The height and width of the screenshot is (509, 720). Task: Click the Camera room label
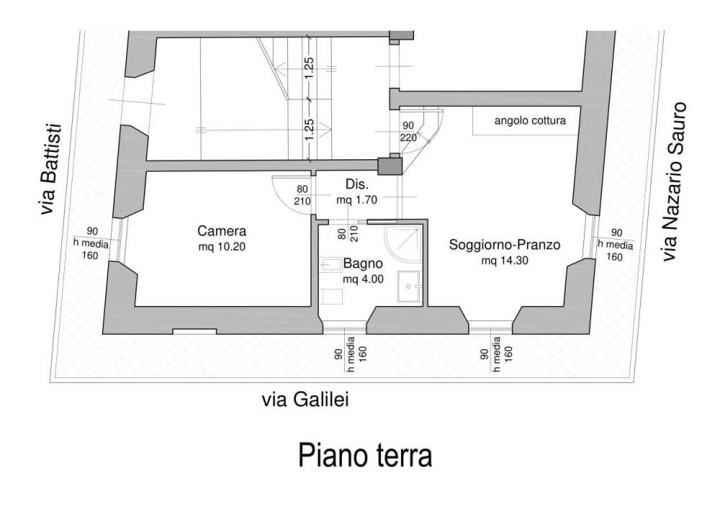[222, 230]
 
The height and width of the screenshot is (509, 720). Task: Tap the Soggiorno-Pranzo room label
[504, 245]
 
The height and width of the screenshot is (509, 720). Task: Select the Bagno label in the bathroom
[363, 264]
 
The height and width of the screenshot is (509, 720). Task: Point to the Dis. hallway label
[357, 184]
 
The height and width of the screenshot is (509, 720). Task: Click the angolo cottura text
[530, 121]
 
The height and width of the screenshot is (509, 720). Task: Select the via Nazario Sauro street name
[674, 182]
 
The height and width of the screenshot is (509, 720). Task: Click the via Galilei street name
[305, 400]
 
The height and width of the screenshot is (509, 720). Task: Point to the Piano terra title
[366, 454]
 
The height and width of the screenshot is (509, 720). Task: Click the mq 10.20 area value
[222, 247]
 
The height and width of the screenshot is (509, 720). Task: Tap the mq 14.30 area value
[505, 261]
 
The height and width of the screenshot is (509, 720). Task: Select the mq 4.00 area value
[363, 279]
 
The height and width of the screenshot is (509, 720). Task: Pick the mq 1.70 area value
[357, 200]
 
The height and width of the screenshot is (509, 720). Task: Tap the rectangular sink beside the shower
[409, 287]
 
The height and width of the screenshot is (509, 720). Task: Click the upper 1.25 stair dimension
[310, 68]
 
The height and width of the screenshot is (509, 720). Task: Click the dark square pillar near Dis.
[390, 166]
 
